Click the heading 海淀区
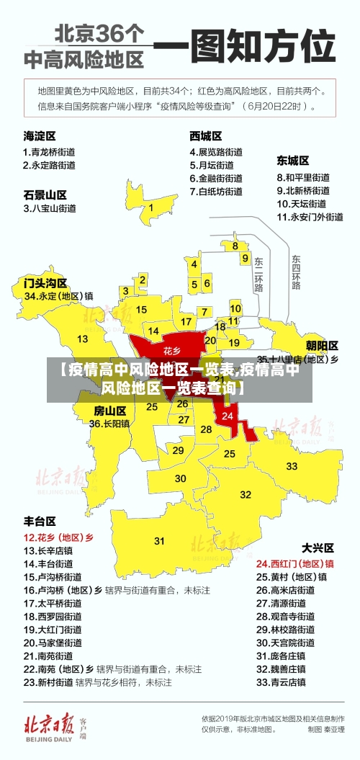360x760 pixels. tap(40, 135)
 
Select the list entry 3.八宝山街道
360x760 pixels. tap(50, 208)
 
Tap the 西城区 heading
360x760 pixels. tap(205, 135)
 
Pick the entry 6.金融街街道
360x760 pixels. tap(216, 178)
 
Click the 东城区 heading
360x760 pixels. tap(293, 160)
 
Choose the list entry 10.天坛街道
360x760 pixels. tap(303, 204)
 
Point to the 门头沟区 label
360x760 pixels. tap(45, 282)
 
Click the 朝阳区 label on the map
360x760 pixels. tap(322, 345)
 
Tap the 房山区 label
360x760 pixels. tap(110, 411)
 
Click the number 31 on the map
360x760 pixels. tap(159, 540)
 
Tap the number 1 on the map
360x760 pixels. tap(151, 207)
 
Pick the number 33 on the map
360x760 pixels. tap(292, 466)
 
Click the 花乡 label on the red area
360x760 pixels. tap(171, 351)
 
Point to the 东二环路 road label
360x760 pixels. tap(259, 274)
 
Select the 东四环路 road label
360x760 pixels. tap(296, 272)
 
